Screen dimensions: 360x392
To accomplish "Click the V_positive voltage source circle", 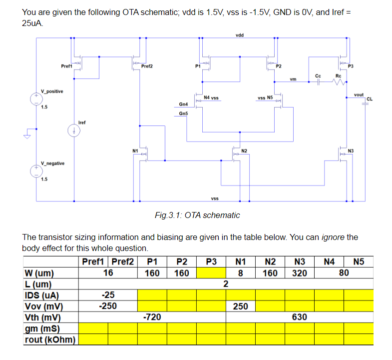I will point(36,99).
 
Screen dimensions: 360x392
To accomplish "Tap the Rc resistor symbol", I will point(339,82).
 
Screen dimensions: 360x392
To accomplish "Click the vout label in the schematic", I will point(358,94).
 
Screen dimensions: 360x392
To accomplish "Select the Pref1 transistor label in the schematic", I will point(66,66).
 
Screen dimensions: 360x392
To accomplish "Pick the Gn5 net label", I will point(183,113).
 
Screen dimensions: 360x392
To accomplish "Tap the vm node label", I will point(293,79).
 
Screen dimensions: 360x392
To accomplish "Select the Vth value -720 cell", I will point(152,317).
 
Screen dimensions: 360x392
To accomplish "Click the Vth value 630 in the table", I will point(300,317).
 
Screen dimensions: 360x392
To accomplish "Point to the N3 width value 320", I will point(300,273).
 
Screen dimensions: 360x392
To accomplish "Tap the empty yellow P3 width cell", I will point(211,273).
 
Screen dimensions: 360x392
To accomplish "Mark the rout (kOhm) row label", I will point(50,340).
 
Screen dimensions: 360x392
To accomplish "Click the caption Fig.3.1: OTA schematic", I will point(197,215).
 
